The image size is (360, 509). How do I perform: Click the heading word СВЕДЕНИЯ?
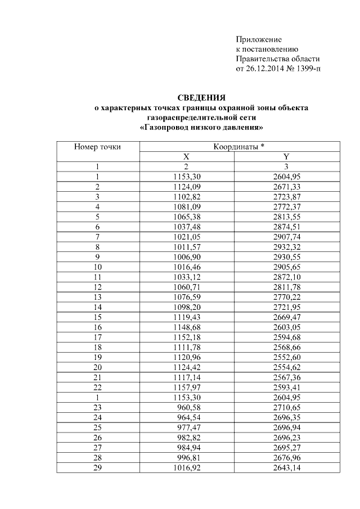coord(201,97)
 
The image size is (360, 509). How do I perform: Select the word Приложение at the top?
coord(258,39)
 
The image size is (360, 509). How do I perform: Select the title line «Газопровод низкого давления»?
coord(201,128)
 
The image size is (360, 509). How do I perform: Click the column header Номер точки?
coord(97,147)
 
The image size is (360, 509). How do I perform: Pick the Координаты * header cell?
coord(238,147)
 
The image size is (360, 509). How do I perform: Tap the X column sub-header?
coord(186,157)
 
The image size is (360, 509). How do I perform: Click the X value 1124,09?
coord(186,187)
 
